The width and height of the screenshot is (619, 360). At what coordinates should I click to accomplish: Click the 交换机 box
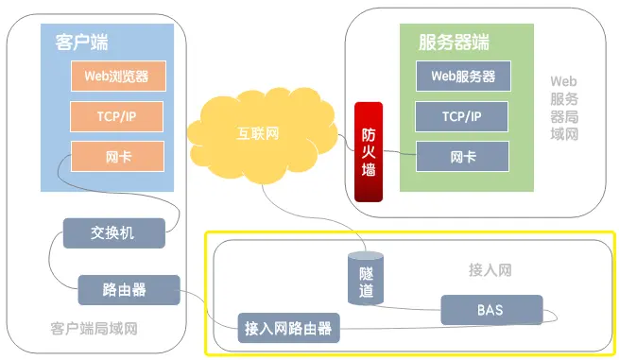click(x=113, y=231)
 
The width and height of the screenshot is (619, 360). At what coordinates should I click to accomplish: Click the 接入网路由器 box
click(x=289, y=328)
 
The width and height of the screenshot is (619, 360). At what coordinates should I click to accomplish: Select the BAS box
click(x=490, y=309)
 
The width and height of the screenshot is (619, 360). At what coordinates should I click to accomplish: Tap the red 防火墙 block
click(x=370, y=151)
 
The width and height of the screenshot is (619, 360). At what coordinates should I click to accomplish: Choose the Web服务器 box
click(x=462, y=75)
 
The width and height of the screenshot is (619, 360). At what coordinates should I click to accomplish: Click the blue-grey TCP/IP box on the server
click(x=462, y=116)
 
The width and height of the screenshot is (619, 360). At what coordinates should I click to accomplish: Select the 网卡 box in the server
click(x=462, y=156)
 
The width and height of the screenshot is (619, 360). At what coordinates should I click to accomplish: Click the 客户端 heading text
click(x=82, y=42)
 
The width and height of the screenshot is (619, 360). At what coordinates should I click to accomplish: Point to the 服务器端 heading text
click(x=454, y=42)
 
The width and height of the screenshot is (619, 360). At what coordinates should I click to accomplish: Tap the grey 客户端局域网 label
click(x=95, y=329)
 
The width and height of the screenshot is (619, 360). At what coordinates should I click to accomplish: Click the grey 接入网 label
click(x=490, y=270)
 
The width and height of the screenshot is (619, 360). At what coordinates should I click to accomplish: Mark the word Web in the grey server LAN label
click(x=563, y=82)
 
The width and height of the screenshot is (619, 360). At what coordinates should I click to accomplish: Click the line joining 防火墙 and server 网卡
click(x=401, y=154)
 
